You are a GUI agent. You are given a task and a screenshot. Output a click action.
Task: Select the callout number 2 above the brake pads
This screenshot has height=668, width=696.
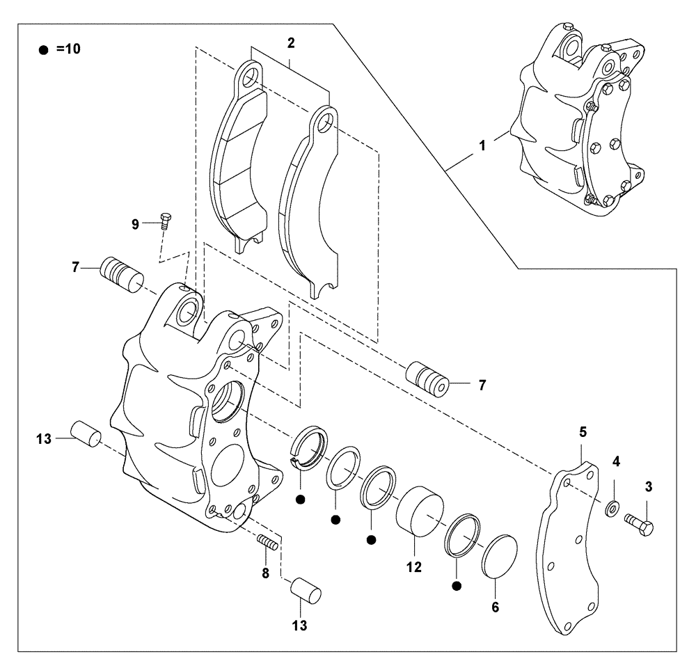[291, 43]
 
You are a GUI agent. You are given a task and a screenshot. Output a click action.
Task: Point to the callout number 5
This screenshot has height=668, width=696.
[583, 432]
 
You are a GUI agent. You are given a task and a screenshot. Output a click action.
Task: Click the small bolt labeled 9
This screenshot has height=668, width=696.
[166, 221]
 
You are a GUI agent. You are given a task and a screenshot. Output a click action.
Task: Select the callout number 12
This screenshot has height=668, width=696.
[414, 567]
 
